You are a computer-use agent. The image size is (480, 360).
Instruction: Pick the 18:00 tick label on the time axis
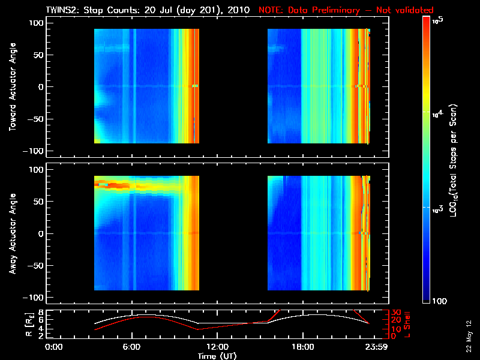point(302,347)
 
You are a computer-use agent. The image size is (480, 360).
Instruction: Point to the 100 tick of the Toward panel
point(36,23)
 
